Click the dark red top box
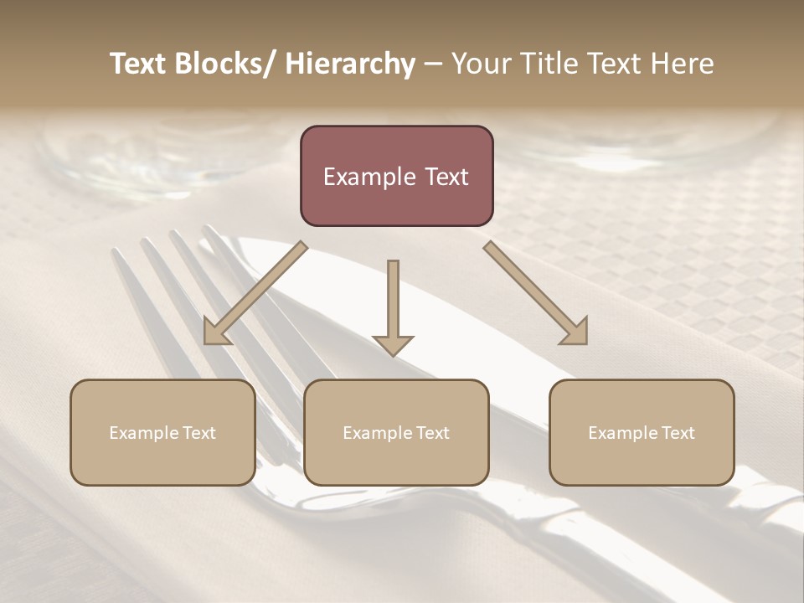pos(396,176)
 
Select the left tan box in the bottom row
pos(162,432)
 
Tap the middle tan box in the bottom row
pos(396,432)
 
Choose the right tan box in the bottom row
pos(642,432)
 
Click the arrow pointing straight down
pos(393,306)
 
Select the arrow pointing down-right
pos(537,294)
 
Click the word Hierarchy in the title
pos(350,64)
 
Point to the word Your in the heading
pos(480,64)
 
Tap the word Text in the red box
pos(446,177)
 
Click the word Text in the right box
pos(678,433)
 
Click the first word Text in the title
pos(139,64)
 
